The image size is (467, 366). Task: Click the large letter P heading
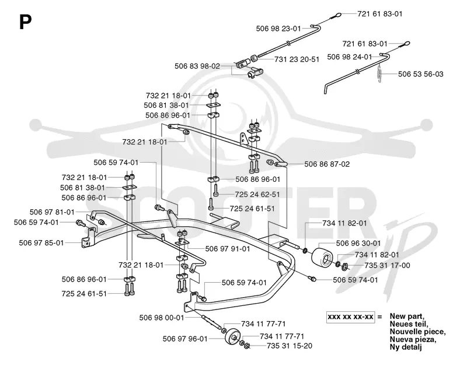25,22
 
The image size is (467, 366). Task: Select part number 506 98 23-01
278,29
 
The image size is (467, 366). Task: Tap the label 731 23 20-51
297,59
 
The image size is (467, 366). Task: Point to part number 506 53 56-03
420,74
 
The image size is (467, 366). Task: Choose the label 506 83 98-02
197,66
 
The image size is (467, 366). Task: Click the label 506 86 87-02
327,164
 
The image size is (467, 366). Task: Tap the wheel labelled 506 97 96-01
232,336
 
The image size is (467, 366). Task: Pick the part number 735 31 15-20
290,346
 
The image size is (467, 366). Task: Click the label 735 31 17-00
387,266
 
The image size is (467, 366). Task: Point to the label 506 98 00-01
162,318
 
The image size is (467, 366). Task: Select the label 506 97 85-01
41,243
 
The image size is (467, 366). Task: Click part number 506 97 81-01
52,212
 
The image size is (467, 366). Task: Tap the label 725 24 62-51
257,195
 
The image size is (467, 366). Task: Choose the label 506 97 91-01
228,248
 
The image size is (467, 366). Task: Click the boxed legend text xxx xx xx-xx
350,316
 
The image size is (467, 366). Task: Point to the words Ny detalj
406,347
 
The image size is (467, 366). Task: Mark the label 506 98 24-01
350,57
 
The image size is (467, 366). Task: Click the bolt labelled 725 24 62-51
215,190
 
